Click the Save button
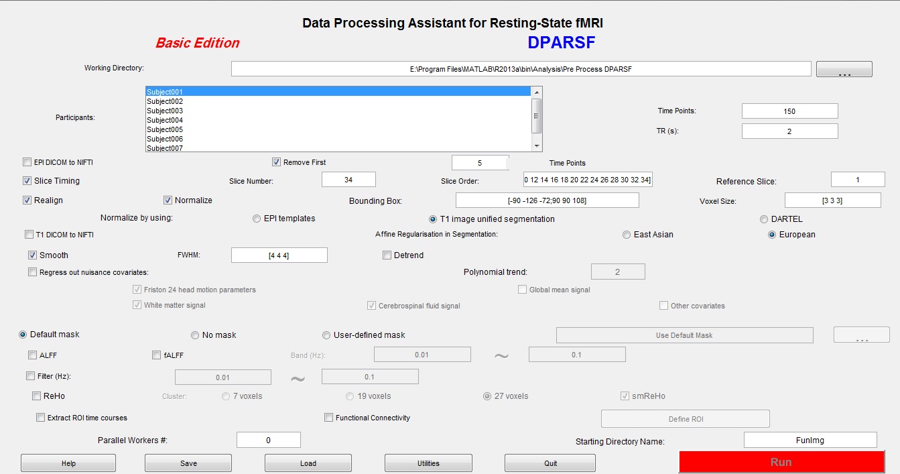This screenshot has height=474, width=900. tap(188, 463)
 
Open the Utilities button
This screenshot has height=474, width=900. tap(428, 463)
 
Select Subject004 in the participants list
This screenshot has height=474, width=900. tap(165, 120)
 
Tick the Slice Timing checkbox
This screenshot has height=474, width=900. tap(27, 181)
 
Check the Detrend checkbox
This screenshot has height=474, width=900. tap(387, 255)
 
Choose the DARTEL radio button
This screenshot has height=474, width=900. tap(763, 219)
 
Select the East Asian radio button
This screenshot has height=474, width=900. tap(627, 235)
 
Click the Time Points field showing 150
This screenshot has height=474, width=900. tap(789, 111)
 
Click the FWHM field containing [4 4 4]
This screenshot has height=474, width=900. tap(279, 255)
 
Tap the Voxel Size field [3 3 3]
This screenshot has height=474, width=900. tap(832, 200)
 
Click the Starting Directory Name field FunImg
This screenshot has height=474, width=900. tap(810, 440)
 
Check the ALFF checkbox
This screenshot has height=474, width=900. tap(32, 355)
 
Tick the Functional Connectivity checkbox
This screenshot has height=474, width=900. tap(328, 418)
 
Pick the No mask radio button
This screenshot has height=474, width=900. tap(195, 335)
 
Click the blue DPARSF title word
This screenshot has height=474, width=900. tap(562, 43)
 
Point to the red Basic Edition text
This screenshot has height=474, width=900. tap(197, 43)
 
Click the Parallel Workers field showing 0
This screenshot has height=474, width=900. tap(269, 440)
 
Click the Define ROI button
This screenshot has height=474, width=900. tap(686, 419)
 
